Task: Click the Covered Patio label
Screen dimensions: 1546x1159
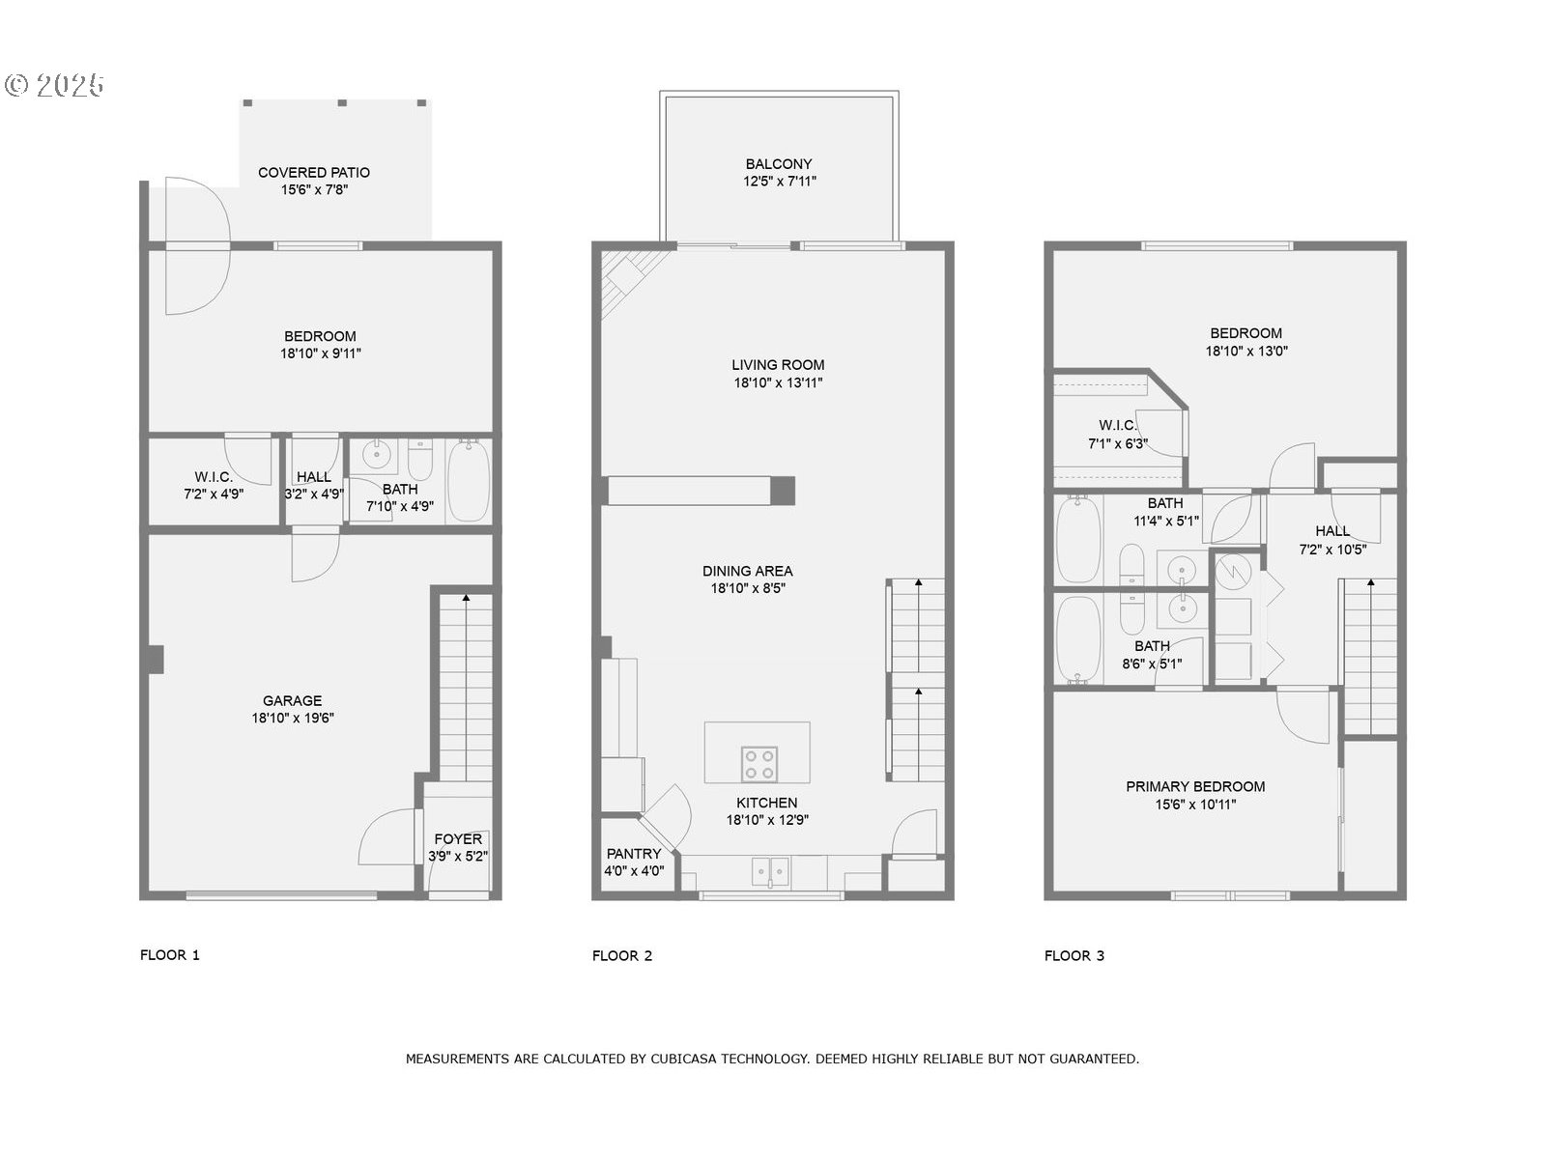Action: coord(313,173)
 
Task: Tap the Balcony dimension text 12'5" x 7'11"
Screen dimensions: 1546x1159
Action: coord(779,182)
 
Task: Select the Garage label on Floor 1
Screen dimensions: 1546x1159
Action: coord(293,700)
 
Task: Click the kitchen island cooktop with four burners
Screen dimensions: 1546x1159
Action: coord(759,764)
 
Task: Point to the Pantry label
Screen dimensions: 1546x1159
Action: coord(634,854)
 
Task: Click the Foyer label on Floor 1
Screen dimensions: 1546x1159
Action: coord(458,838)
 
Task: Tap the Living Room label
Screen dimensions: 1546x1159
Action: coord(778,364)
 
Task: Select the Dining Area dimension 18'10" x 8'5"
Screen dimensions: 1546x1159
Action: coord(748,588)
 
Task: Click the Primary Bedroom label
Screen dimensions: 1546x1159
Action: coord(1195,786)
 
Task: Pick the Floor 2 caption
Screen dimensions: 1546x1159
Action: coord(622,955)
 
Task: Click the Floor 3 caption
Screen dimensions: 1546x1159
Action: coord(1074,955)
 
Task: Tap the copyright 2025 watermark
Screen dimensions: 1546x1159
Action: coord(55,85)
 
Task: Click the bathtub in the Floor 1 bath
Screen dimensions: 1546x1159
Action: coord(469,481)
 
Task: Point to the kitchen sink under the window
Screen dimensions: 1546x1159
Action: coord(770,871)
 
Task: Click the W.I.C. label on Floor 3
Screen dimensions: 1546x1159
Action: coord(1118,425)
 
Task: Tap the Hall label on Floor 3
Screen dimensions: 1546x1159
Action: coord(1332,531)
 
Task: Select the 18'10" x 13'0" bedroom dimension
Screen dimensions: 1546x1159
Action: coord(1246,351)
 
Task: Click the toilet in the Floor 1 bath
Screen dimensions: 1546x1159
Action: coord(420,459)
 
